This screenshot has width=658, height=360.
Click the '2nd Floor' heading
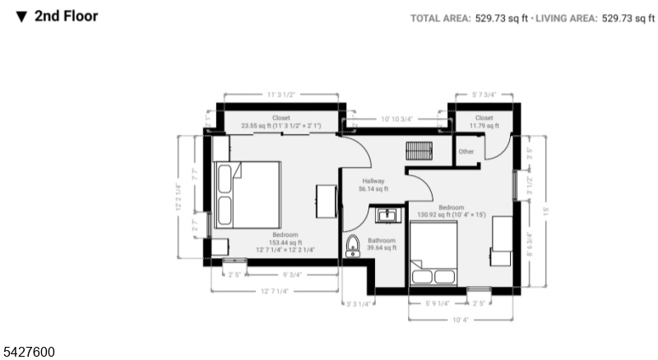(x=65, y=16)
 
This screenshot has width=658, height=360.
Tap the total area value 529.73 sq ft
(x=503, y=18)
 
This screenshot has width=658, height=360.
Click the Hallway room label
(x=373, y=185)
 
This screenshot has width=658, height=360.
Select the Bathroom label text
(x=382, y=244)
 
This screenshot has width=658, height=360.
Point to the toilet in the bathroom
(x=353, y=245)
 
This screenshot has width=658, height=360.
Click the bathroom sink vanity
(x=387, y=215)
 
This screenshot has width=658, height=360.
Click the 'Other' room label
(x=466, y=152)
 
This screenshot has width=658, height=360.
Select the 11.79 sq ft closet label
(x=484, y=122)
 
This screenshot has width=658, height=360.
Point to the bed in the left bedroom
(x=248, y=195)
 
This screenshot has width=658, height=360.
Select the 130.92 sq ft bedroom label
(x=452, y=211)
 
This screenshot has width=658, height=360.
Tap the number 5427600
(x=29, y=352)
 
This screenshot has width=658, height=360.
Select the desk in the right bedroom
(x=501, y=238)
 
